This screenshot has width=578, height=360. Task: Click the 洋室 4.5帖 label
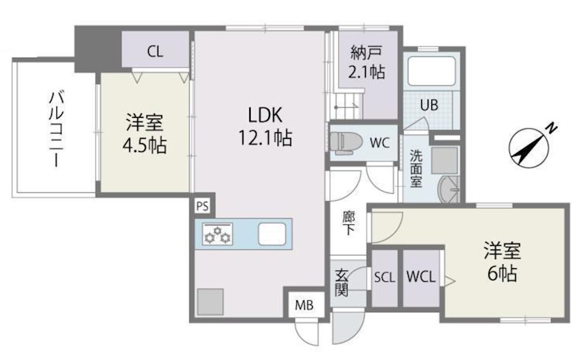144,134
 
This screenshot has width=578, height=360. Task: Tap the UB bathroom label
429,104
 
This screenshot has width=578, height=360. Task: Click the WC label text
379,142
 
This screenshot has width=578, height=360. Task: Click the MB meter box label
304,304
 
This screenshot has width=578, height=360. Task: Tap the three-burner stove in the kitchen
217,234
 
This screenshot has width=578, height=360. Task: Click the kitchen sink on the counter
272,234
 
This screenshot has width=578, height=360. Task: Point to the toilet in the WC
346,140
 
